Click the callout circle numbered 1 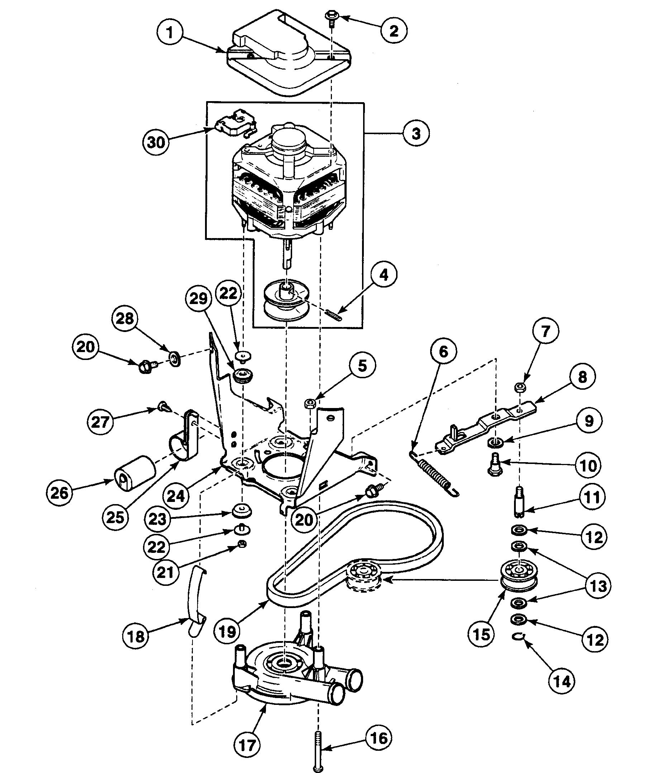[x=170, y=33]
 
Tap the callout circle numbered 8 [x=582, y=376]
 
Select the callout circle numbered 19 [x=227, y=632]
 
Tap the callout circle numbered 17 [x=247, y=745]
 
